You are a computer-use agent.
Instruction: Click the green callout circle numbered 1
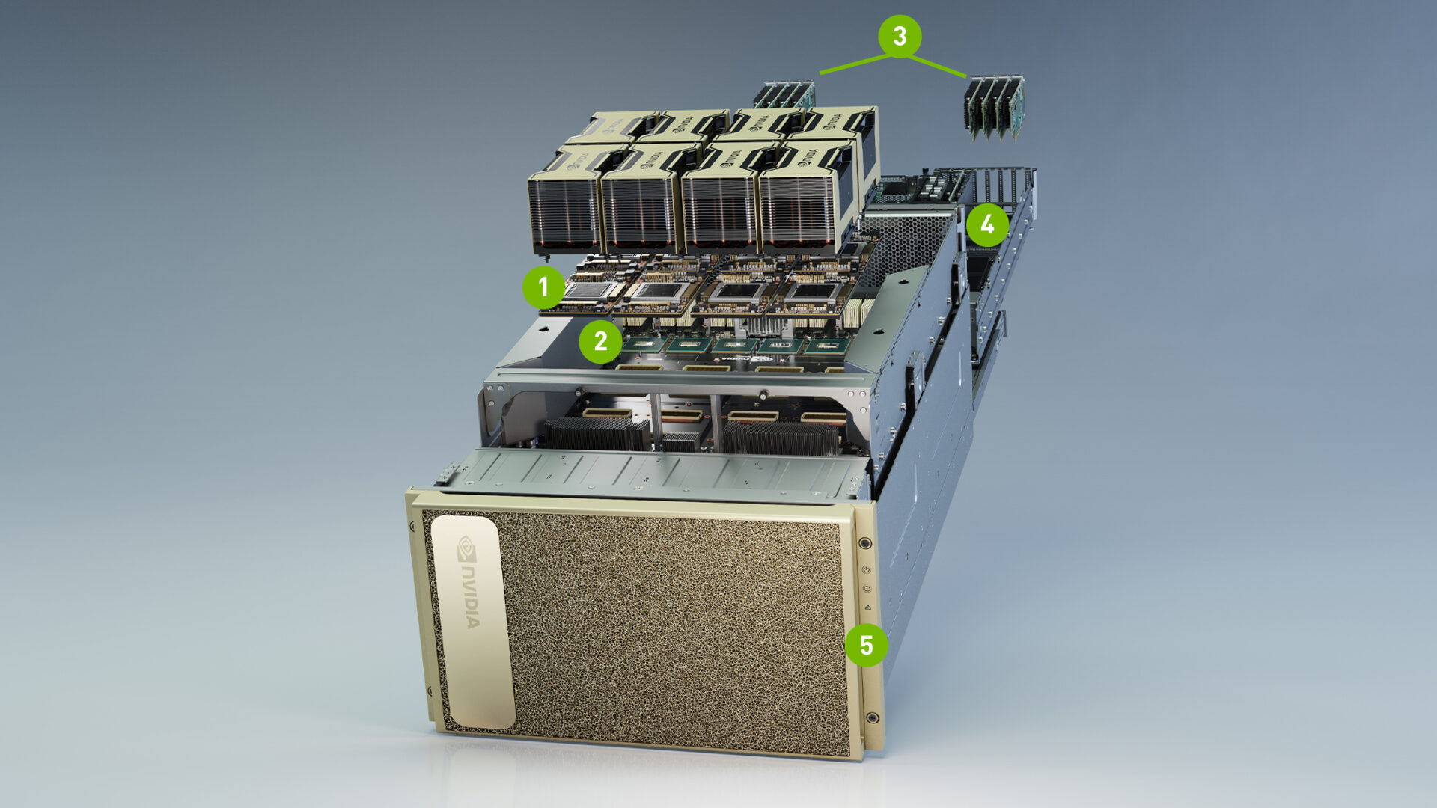tap(543, 287)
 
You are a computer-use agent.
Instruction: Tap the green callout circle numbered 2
tap(600, 342)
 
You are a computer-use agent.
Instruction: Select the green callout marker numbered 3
tap(900, 36)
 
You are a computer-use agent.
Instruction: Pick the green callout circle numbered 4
tap(987, 224)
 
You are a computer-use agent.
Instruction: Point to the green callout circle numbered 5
tap(866, 645)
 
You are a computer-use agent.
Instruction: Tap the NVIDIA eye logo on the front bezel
tap(466, 548)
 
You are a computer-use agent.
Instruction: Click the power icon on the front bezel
tap(866, 569)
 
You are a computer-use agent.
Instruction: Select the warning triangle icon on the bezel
tap(867, 607)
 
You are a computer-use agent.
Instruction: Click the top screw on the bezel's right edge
tap(865, 543)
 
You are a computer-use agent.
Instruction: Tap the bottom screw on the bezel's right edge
tap(872, 718)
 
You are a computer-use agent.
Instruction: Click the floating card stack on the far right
tap(994, 107)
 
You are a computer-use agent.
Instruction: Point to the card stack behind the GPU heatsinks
tap(784, 96)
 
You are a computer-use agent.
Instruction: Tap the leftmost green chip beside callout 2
tap(644, 344)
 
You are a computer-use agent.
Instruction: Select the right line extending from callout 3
tap(937, 66)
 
